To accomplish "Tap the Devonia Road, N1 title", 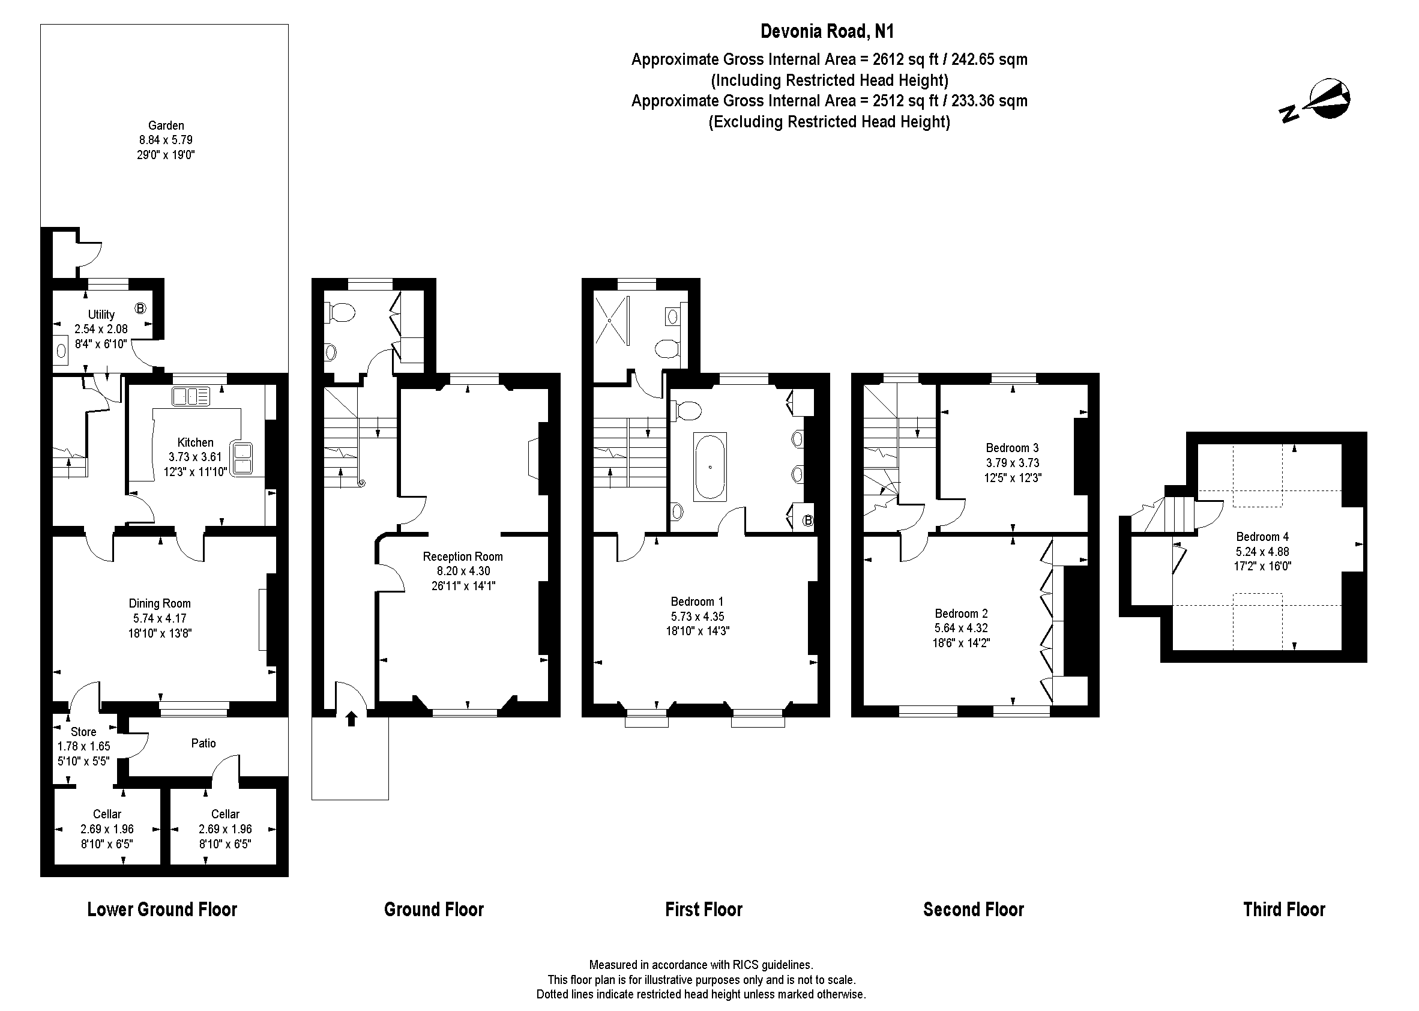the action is [828, 31].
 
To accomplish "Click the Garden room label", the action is [166, 125].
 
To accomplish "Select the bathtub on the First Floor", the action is [710, 467].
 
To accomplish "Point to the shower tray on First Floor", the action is [612, 320].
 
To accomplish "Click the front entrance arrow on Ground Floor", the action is [352, 719].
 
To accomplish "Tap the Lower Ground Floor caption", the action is [163, 910].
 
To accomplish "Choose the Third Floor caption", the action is [1284, 910].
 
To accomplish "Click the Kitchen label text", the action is [196, 442].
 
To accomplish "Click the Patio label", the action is [203, 743].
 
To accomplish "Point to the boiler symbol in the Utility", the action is [140, 308].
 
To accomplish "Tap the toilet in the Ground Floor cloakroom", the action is [340, 313].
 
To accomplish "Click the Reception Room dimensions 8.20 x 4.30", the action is [463, 571].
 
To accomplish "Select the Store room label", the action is [83, 732].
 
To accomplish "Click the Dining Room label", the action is [160, 603].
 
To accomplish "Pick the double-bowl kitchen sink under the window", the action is [191, 396].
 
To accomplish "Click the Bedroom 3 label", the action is [1012, 448].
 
